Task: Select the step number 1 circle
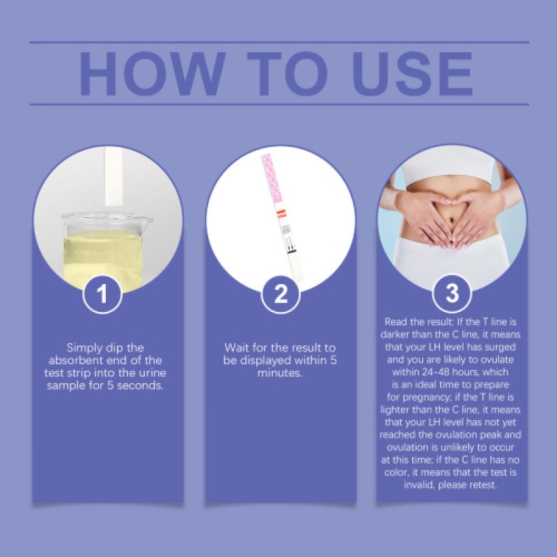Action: [x=102, y=294]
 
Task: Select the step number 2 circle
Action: [x=281, y=294]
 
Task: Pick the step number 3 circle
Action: [x=452, y=294]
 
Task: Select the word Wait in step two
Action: [x=237, y=347]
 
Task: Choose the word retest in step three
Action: [x=480, y=485]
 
